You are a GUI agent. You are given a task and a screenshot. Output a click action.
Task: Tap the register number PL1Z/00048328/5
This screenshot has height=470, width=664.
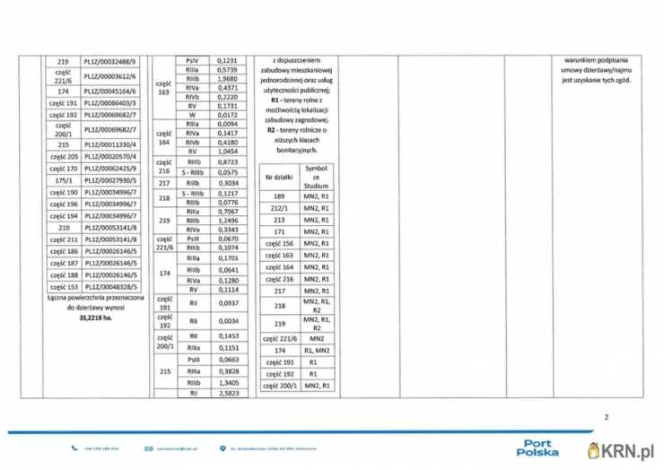pyautogui.click(x=111, y=285)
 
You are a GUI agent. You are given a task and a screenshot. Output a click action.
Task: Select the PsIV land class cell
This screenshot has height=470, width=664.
pyautogui.click(x=192, y=59)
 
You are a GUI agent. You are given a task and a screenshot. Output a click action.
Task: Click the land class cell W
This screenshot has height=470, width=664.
pyautogui.click(x=192, y=116)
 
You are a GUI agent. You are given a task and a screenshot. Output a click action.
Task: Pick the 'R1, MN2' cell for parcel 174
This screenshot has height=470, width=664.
pyautogui.click(x=317, y=351)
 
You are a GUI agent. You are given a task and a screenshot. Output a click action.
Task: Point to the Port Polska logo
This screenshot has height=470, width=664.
pyautogui.click(x=541, y=446)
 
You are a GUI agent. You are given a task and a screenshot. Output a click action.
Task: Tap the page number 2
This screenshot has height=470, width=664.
pyautogui.click(x=607, y=417)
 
